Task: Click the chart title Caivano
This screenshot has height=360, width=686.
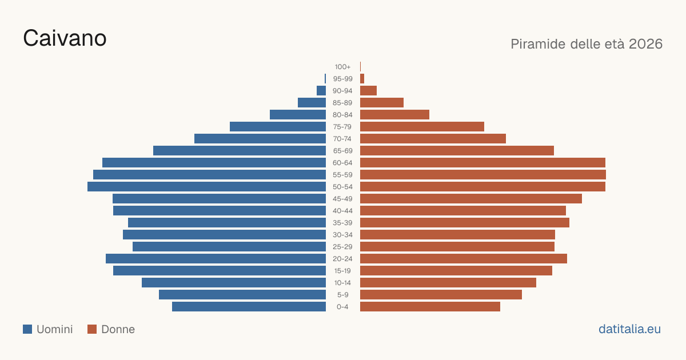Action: click(x=65, y=38)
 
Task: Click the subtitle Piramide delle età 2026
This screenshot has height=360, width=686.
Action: click(x=587, y=44)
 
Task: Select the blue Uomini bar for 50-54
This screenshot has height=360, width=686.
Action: click(x=207, y=187)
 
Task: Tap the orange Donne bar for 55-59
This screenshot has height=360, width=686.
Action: click(x=483, y=175)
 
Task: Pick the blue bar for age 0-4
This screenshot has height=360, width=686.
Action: click(x=249, y=307)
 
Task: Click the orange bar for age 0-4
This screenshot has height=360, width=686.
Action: click(x=430, y=307)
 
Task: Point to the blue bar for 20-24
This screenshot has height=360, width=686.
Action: click(x=216, y=259)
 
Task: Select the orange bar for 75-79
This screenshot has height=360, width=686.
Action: click(x=422, y=127)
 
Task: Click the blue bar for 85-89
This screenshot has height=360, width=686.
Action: click(x=312, y=102)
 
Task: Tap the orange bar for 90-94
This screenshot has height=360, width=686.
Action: click(x=368, y=91)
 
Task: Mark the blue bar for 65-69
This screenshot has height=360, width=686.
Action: click(x=240, y=151)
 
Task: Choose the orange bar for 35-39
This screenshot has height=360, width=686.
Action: click(x=465, y=223)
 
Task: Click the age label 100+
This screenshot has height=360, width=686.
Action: click(x=342, y=67)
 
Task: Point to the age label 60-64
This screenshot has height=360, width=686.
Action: click(x=342, y=163)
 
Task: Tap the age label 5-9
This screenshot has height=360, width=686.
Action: click(x=342, y=295)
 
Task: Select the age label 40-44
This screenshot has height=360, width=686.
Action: click(x=342, y=211)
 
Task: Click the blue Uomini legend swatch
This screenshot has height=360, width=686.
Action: click(x=27, y=329)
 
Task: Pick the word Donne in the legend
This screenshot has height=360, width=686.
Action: click(x=118, y=329)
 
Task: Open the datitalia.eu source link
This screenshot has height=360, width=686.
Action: click(x=629, y=329)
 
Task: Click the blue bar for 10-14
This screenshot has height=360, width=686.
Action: click(x=234, y=283)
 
